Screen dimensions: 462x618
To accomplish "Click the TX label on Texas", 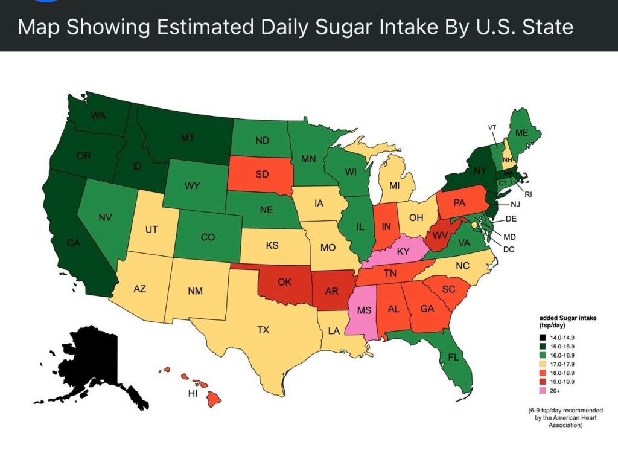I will [263, 330].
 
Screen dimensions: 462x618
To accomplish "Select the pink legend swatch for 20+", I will [526, 391].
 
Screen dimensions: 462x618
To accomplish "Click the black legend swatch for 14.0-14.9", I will [526, 336].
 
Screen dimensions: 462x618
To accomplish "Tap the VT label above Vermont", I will [492, 127].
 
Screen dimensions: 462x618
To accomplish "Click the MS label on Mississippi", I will [363, 310].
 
